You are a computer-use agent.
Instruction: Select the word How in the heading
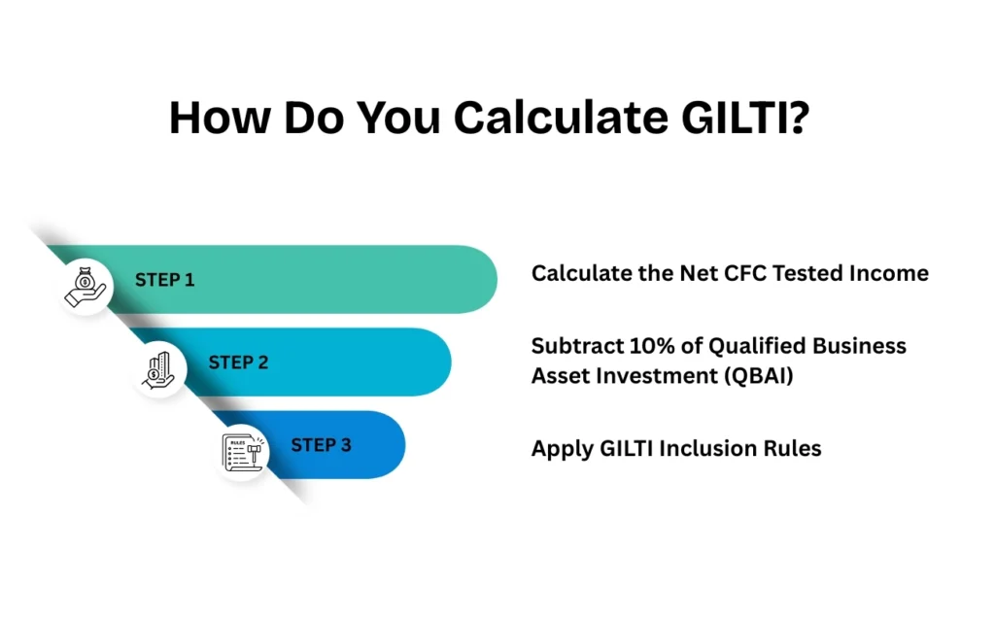(x=219, y=118)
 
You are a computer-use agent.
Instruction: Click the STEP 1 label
(x=164, y=280)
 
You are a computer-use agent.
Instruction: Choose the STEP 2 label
(x=238, y=363)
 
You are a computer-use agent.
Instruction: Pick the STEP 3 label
(x=321, y=445)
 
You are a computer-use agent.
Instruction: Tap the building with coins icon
(x=159, y=370)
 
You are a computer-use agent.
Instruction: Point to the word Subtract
(x=569, y=346)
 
